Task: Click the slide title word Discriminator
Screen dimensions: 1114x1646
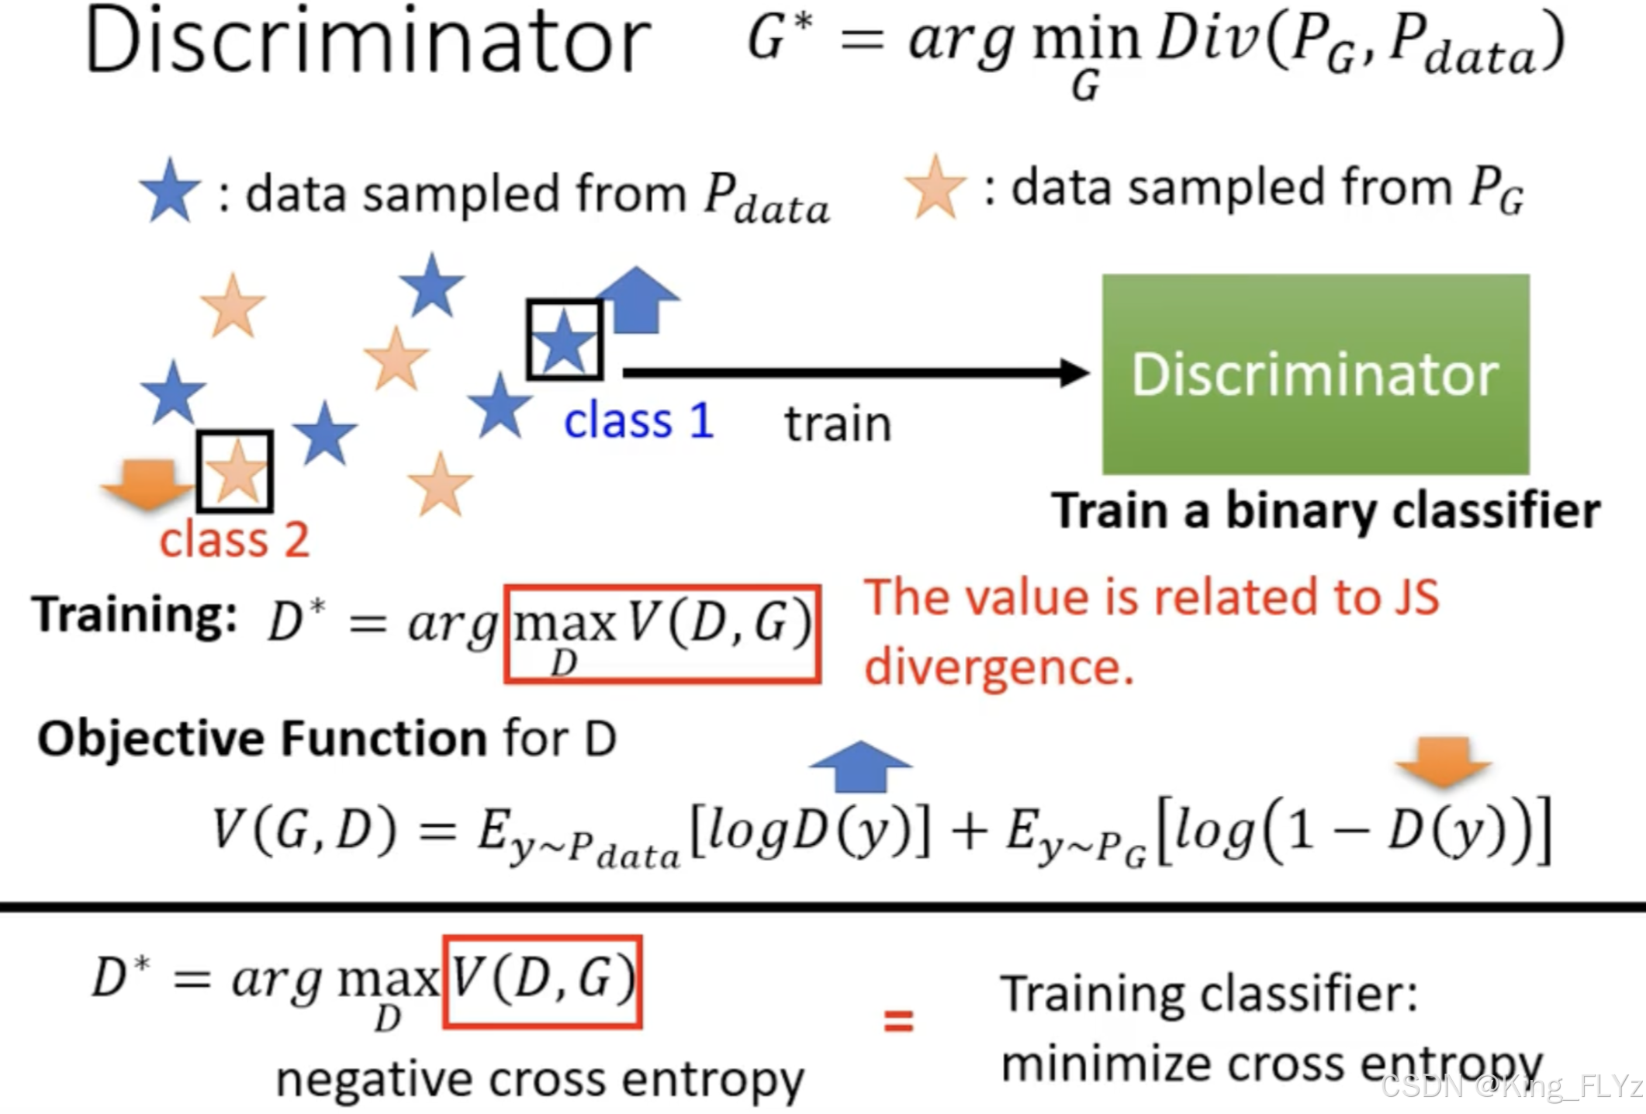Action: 367,42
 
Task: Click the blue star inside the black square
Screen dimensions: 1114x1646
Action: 565,341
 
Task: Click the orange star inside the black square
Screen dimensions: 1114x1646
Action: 235,471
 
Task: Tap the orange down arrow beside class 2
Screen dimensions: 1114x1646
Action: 147,483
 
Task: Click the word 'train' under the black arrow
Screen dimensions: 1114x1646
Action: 838,424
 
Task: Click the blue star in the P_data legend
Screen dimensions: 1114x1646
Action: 170,191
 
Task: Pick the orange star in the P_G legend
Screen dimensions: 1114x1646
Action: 935,187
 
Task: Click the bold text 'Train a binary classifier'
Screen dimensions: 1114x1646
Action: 1326,511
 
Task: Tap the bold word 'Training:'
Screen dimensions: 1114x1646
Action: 135,614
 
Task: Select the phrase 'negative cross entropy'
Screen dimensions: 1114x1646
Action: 540,1079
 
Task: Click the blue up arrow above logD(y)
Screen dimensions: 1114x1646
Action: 860,766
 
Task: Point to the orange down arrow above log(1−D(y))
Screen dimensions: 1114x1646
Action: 1443,761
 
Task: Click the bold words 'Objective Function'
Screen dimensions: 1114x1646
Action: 262,738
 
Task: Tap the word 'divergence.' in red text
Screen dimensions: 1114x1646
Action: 999,667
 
